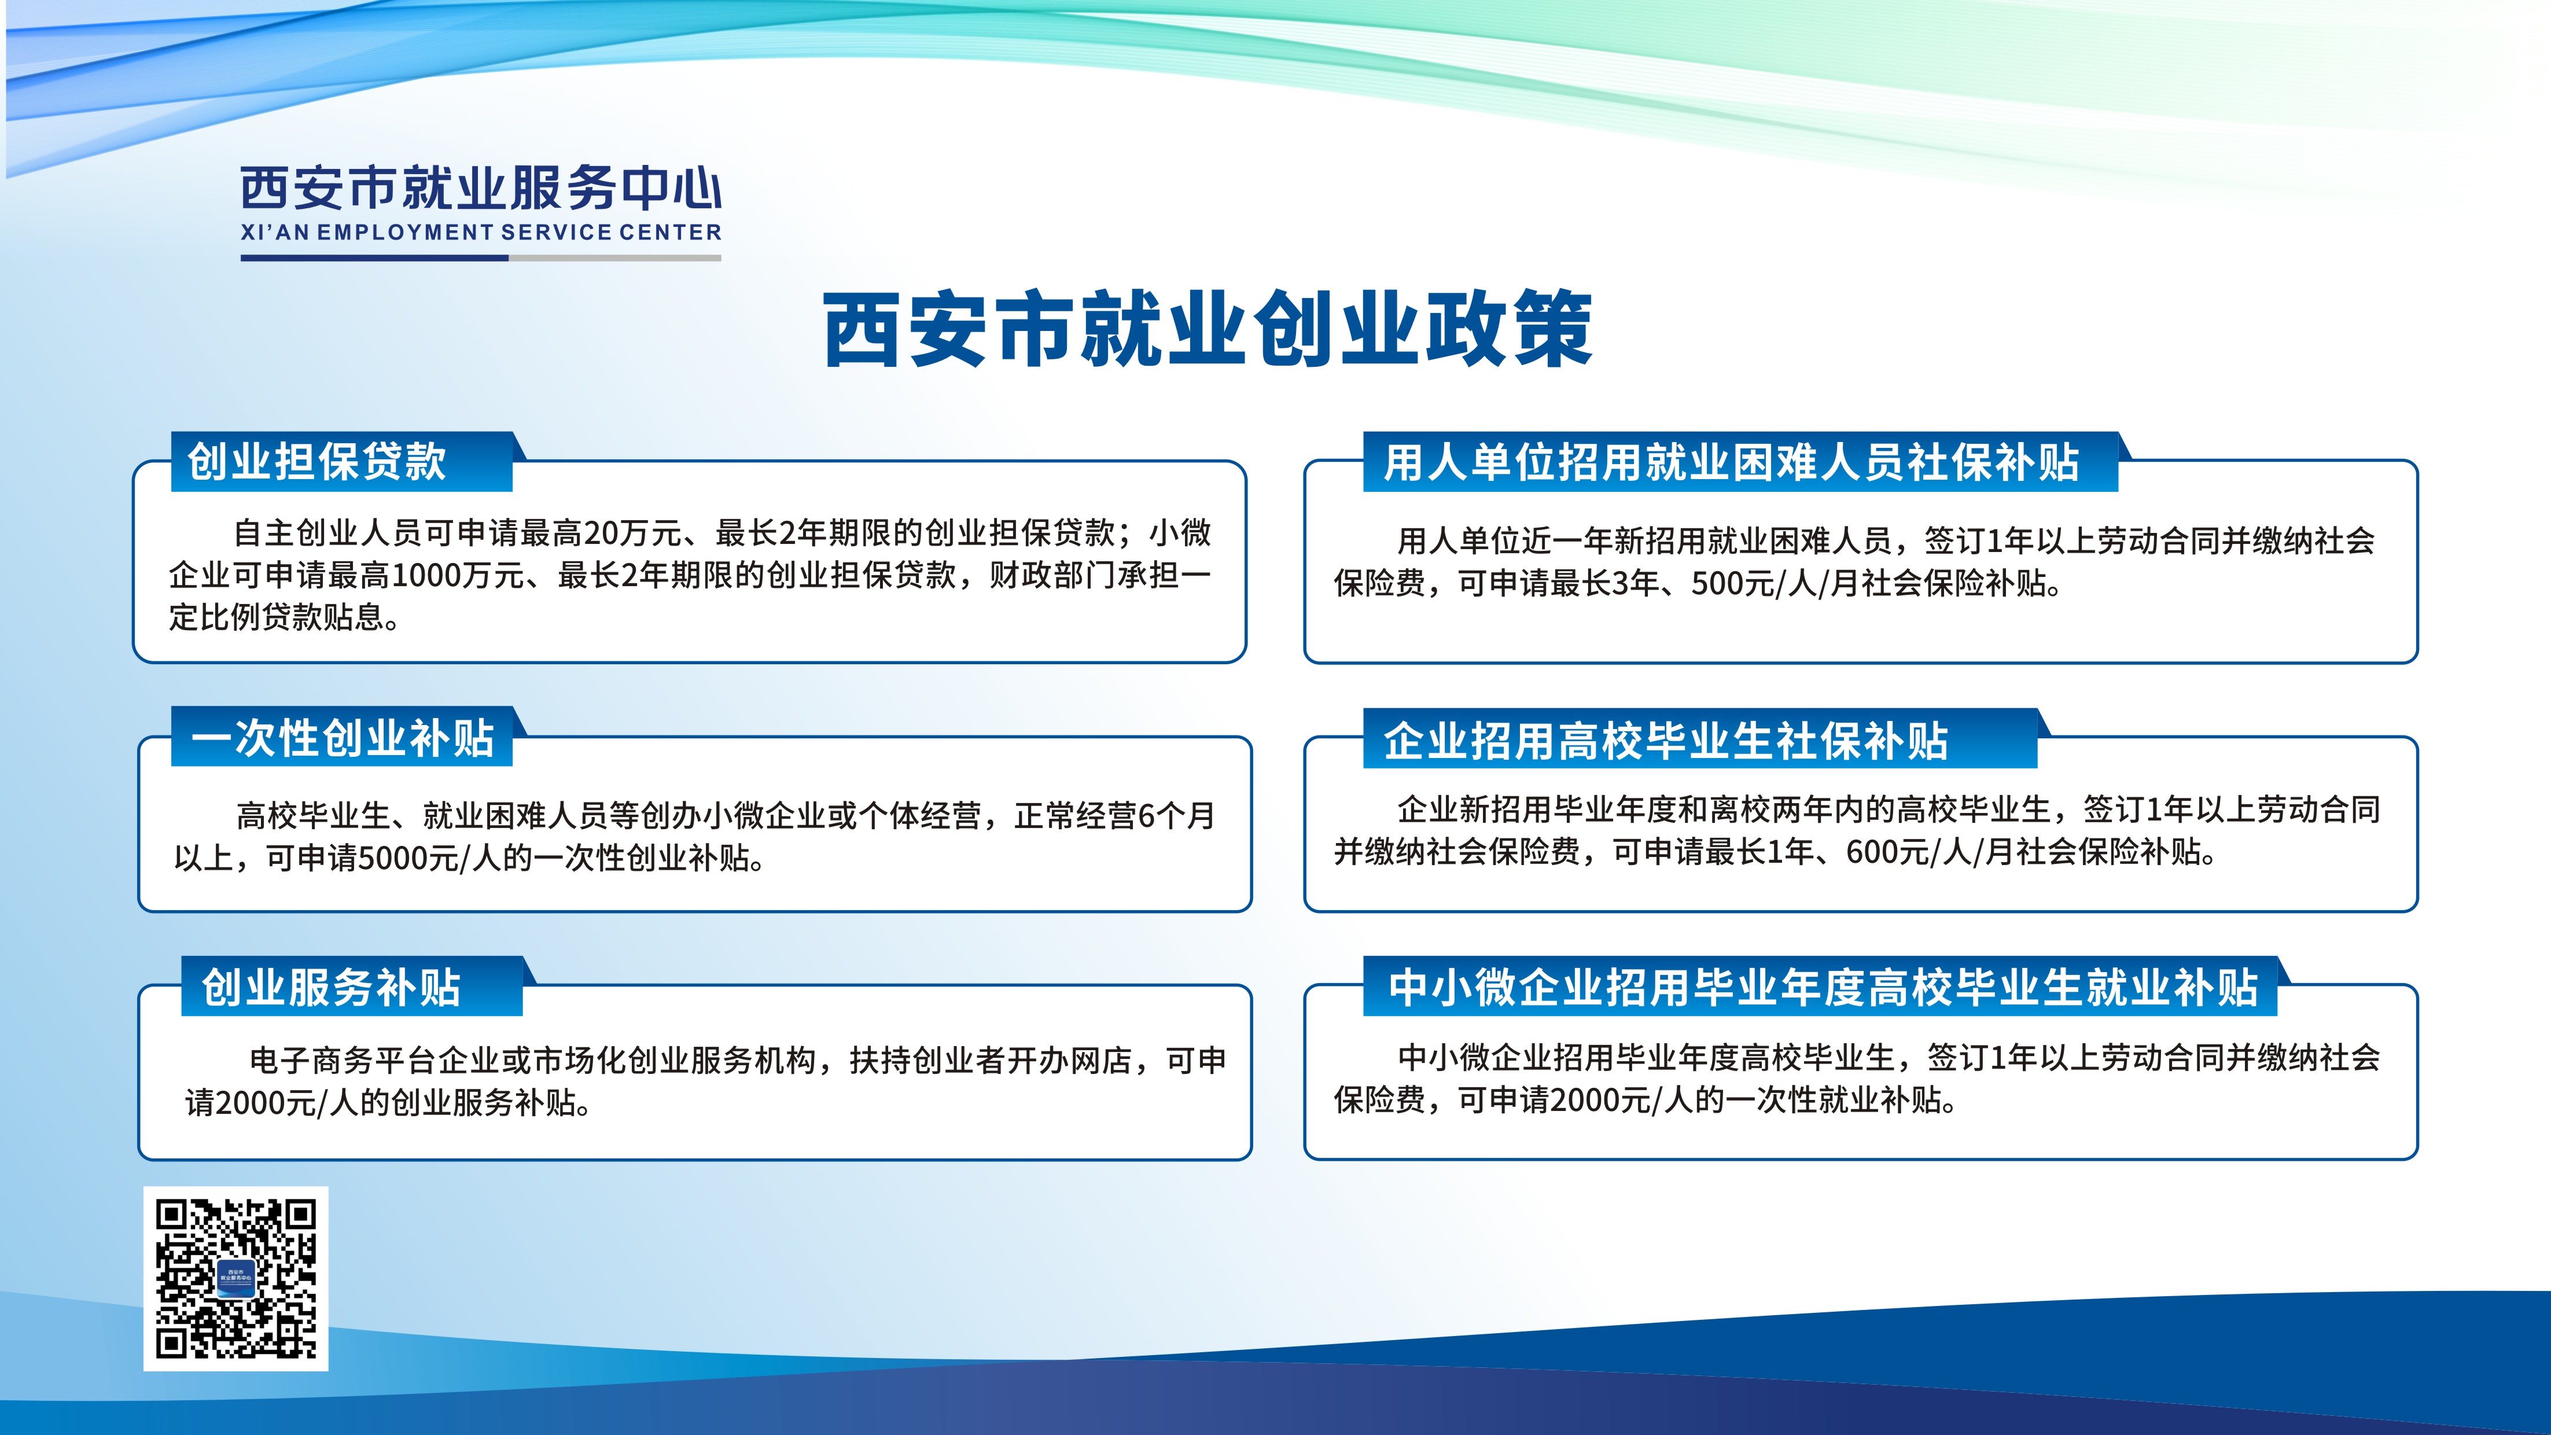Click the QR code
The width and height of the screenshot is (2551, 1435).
235,1279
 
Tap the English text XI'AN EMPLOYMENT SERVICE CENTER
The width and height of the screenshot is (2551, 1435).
481,233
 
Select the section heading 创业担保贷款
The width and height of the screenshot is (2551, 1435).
317,462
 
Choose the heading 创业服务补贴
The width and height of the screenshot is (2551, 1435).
332,987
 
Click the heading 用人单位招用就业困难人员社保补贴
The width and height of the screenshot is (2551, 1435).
1731,462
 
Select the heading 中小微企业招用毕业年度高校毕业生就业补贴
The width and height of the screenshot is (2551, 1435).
1822,987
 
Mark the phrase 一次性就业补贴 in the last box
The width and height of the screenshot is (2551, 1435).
1833,1101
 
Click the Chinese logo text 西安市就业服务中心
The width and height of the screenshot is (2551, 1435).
481,188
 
